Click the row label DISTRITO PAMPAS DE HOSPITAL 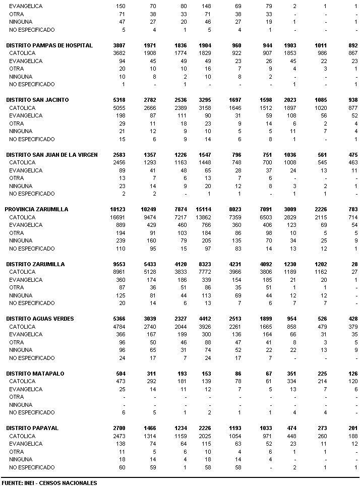point(49,45)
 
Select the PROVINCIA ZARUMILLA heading point(36,209)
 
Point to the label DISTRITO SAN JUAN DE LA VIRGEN point(52,155)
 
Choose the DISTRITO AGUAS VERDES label point(40,319)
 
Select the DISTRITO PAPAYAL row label point(32,428)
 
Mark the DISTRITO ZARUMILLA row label point(35,264)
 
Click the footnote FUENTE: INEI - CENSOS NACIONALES point(49,483)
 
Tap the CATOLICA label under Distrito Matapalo point(22,382)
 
